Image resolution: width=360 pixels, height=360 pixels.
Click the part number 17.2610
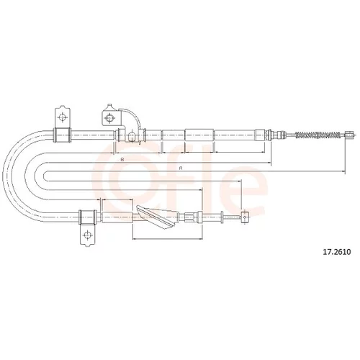pos(337,252)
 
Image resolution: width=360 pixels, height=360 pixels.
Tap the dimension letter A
pos(181,168)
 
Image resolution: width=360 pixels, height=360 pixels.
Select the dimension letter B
pos(122,159)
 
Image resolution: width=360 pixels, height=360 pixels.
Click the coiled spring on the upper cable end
pos(318,135)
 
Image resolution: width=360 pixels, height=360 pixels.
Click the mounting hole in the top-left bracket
pos(63,117)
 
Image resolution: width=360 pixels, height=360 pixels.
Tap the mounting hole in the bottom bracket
pos(87,235)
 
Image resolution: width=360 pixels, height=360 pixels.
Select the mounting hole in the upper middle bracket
pos(109,118)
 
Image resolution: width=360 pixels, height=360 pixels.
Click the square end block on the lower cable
pos(244,217)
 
